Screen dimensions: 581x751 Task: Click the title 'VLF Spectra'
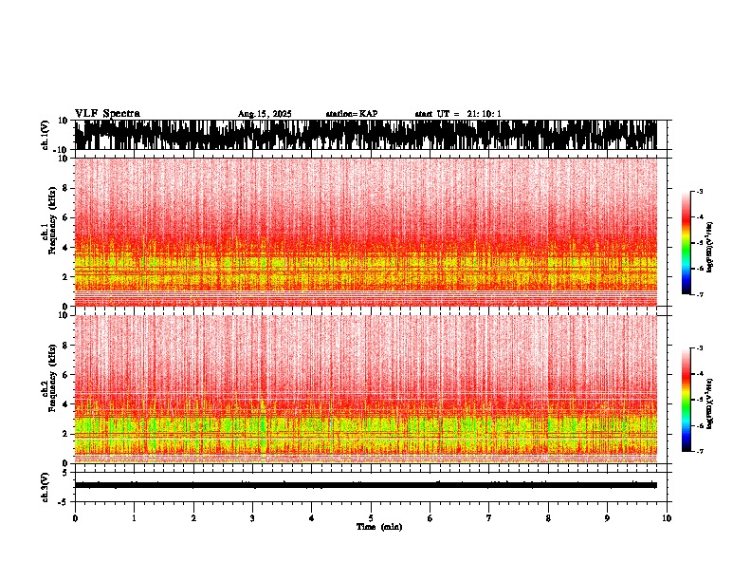point(107,114)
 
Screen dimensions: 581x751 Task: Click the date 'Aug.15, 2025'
point(265,114)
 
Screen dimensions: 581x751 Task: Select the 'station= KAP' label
point(352,114)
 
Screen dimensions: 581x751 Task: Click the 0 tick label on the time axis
point(75,518)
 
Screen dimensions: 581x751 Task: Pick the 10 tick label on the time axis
point(667,518)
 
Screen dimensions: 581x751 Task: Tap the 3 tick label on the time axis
point(252,518)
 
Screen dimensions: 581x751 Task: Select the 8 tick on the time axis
point(548,518)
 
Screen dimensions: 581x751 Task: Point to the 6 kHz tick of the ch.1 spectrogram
point(65,217)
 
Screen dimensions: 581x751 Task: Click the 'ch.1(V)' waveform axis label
point(46,135)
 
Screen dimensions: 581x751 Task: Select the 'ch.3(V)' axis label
point(46,484)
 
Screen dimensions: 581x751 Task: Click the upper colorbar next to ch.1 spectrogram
point(687,243)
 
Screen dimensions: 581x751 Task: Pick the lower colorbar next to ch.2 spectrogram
point(687,400)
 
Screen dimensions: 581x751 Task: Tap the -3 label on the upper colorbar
point(699,192)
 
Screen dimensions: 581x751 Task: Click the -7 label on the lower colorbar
point(699,452)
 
